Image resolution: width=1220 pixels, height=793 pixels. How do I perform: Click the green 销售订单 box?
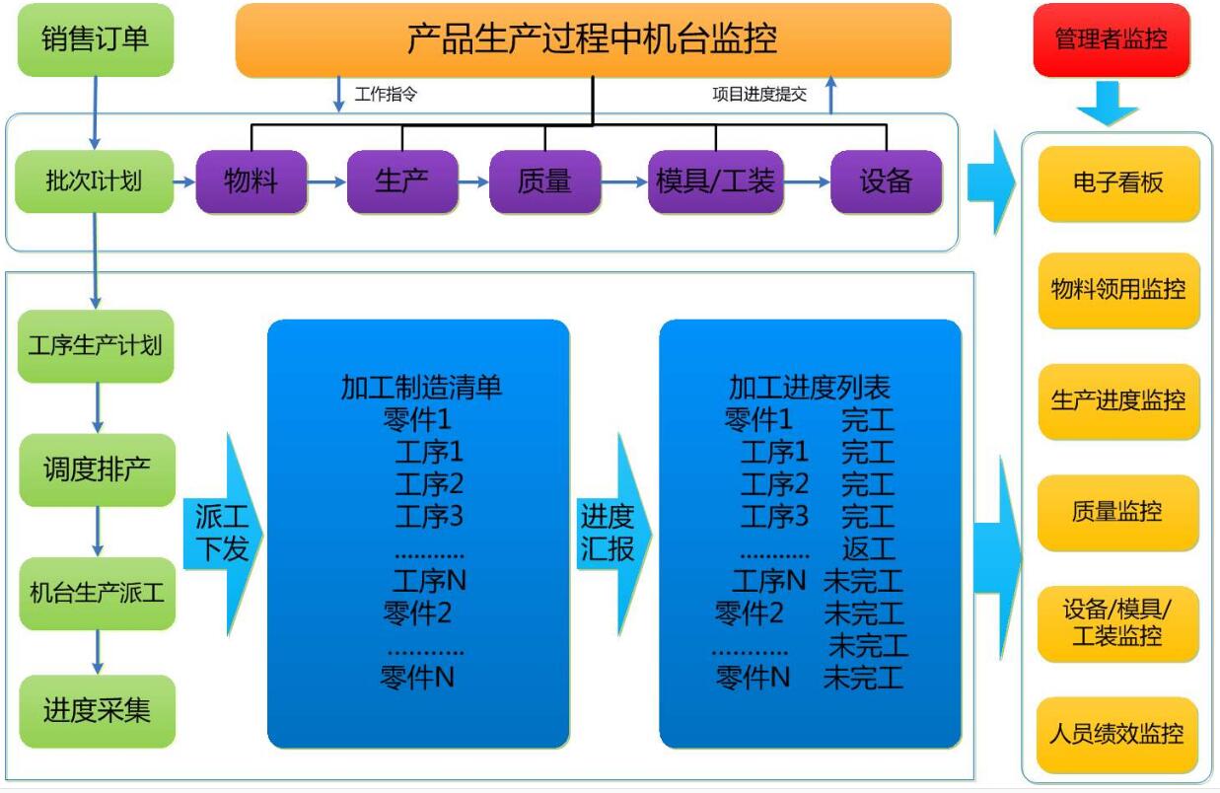click(x=96, y=39)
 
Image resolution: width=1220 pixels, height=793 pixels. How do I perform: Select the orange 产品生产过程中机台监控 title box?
click(x=593, y=39)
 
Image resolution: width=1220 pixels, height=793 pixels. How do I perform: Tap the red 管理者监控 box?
click(x=1112, y=39)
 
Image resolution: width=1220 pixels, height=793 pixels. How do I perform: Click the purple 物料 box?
click(x=251, y=181)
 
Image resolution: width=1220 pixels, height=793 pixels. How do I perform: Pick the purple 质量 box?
click(x=545, y=181)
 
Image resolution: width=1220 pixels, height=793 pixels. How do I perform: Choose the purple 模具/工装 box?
click(x=716, y=181)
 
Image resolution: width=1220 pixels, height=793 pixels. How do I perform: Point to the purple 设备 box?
click(x=887, y=181)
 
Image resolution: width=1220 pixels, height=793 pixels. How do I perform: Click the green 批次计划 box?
click(x=95, y=181)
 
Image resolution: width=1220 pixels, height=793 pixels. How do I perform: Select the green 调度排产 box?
click(x=98, y=469)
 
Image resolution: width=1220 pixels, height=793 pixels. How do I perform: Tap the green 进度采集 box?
click(x=98, y=711)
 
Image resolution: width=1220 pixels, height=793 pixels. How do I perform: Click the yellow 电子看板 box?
click(x=1118, y=183)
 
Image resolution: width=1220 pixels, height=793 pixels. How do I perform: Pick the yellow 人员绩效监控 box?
click(x=1117, y=734)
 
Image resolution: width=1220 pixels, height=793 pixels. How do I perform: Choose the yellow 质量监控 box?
click(x=1117, y=512)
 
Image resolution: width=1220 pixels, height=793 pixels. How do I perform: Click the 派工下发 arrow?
click(x=223, y=534)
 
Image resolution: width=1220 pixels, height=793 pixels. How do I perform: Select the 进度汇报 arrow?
click(x=614, y=534)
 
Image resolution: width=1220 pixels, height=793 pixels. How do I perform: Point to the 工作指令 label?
click(x=386, y=95)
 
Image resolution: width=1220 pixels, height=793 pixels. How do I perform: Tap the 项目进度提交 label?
click(x=759, y=95)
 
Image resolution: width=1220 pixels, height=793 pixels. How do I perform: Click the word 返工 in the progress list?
click(x=868, y=549)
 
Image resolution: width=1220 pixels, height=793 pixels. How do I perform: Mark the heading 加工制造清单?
click(x=421, y=388)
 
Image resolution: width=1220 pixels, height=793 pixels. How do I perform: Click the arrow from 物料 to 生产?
click(x=326, y=181)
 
